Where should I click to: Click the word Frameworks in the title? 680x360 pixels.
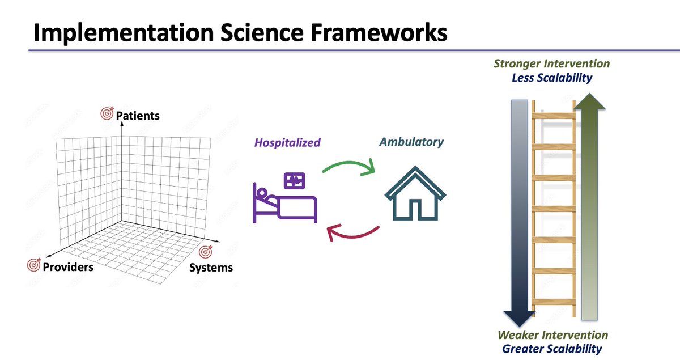point(379,32)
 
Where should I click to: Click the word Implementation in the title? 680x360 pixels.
point(124,33)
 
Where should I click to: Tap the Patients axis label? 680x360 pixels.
point(138,116)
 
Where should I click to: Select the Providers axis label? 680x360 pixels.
point(68,267)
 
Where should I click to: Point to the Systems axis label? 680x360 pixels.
point(211,268)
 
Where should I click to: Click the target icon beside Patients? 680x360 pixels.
point(107,113)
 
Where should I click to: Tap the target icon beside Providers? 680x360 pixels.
point(33,265)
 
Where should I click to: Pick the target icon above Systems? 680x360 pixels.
point(206,252)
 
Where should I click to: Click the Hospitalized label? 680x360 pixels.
point(287,142)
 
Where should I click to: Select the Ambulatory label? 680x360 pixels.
point(411,142)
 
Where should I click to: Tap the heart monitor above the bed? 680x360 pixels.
point(295,181)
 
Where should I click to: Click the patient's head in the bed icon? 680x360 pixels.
point(262,193)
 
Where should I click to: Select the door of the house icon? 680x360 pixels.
point(415,210)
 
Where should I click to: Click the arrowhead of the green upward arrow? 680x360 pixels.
point(589,101)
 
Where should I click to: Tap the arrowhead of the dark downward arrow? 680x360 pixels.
point(520,319)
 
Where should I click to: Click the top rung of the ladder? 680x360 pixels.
point(554,116)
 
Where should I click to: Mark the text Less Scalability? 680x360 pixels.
point(552,78)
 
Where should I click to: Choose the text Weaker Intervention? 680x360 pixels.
point(553,335)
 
